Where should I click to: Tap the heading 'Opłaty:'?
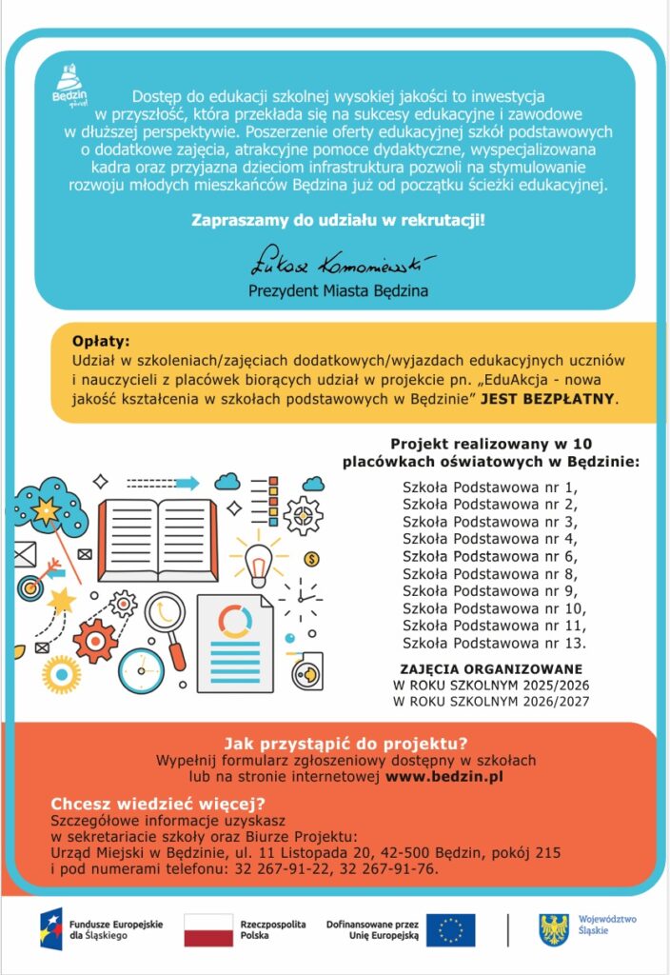100,341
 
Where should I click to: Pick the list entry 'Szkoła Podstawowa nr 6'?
489,556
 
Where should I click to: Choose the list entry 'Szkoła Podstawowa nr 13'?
493,643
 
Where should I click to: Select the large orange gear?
95,641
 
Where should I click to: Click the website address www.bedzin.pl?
443,777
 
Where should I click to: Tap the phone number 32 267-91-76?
393,868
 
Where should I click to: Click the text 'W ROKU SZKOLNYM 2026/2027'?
491,703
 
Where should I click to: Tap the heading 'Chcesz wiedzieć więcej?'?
157,803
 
